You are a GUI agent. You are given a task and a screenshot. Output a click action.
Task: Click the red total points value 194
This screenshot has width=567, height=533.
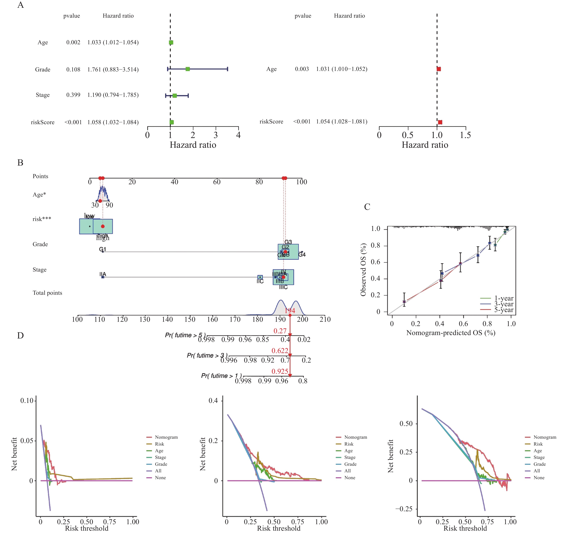[x=290, y=311]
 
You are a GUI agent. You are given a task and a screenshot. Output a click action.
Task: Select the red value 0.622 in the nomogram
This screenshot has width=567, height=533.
[x=280, y=351]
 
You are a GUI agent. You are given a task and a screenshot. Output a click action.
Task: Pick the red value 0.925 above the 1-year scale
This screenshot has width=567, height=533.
[x=280, y=371]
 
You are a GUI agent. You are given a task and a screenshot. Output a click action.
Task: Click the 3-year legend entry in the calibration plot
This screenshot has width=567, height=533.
[x=504, y=304]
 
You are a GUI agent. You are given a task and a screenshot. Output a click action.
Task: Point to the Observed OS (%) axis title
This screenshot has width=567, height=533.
[x=363, y=270]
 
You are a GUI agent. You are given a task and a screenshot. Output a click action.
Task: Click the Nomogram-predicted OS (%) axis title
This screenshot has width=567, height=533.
[x=451, y=333]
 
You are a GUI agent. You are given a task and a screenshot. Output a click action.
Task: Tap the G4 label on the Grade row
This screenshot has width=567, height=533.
[x=302, y=254]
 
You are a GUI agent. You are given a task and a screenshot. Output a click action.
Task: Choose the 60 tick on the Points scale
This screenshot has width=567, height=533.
[x=217, y=182]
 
